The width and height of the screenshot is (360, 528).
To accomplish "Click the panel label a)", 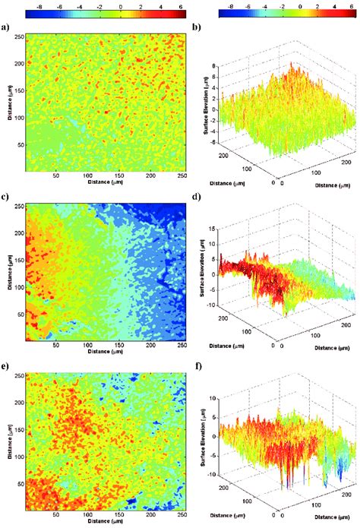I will (6, 28).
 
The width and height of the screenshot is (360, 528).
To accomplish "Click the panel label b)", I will (196, 28).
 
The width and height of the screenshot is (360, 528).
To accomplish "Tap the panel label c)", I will (6, 198).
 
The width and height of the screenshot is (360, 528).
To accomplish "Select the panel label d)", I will (196, 199).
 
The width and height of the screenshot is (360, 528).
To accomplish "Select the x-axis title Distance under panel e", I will (106, 524).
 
